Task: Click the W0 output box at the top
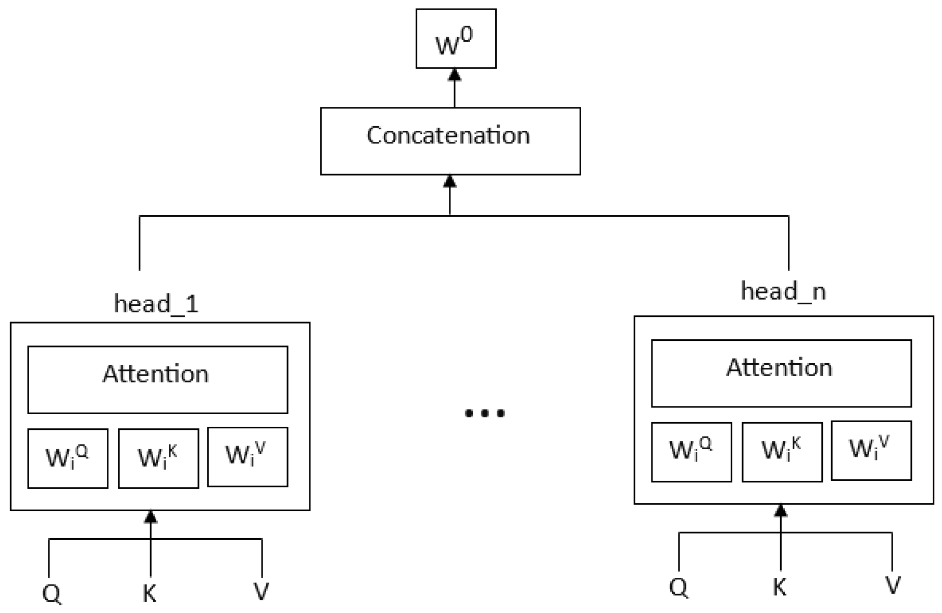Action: coord(455,39)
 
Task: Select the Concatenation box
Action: coord(450,141)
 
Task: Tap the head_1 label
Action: coord(156,304)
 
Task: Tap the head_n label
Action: coord(783,291)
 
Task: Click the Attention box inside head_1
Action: coord(157,380)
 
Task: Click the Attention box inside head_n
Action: coord(781,373)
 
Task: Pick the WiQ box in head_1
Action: coord(68,458)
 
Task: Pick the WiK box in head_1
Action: coord(158,458)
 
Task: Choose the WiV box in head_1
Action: coord(247,457)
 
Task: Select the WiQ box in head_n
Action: coord(691,452)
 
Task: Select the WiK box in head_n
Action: coord(782,452)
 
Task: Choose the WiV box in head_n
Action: coord(871,450)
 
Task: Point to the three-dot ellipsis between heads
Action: coord(484,413)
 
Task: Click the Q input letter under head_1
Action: coord(52,593)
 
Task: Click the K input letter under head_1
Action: coord(149,593)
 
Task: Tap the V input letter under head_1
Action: coord(261,592)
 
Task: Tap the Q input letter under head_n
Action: coord(678,587)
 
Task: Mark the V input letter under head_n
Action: coord(893,586)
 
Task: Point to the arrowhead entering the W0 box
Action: coord(454,75)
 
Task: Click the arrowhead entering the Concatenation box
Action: coord(450,181)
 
